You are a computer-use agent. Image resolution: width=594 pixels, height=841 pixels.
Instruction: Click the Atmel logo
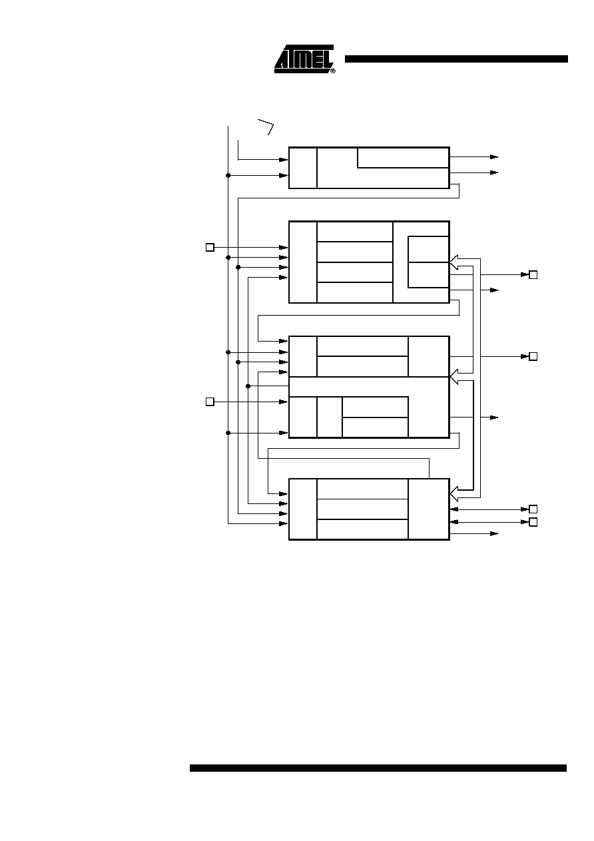(304, 59)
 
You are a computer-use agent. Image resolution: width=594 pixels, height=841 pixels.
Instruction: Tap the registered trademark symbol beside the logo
(333, 71)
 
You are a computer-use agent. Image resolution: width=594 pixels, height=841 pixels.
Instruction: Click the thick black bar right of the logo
(456, 59)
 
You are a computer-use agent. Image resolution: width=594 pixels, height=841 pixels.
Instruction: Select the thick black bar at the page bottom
(378, 768)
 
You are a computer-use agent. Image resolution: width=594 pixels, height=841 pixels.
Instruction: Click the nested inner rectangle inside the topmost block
(404, 158)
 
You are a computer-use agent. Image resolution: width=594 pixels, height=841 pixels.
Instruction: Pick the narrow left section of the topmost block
(303, 168)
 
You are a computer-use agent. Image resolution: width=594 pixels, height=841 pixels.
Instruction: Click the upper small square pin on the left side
(210, 248)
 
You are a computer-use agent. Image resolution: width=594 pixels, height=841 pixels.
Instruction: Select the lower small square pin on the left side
(210, 402)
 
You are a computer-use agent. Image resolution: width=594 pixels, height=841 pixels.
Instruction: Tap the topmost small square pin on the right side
(533, 275)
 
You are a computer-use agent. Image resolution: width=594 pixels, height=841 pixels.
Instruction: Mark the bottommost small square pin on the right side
(533, 522)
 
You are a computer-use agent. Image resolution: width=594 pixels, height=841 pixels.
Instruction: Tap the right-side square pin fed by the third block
(533, 356)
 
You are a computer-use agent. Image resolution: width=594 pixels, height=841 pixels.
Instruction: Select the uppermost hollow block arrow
(454, 262)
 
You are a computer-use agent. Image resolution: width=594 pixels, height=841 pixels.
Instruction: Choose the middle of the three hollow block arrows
(454, 377)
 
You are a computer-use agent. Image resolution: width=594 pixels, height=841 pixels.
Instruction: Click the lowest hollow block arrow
(454, 493)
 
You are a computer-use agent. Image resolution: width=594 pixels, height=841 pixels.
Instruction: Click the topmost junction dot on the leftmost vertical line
(228, 175)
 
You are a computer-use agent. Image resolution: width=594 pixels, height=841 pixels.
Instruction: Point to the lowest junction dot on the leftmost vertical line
(228, 433)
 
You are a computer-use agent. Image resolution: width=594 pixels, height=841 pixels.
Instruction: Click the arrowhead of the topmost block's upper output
(494, 157)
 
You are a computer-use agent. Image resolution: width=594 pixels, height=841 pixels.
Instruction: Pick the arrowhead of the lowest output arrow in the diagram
(494, 533)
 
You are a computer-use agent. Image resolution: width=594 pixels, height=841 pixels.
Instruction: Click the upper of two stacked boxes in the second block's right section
(428, 249)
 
